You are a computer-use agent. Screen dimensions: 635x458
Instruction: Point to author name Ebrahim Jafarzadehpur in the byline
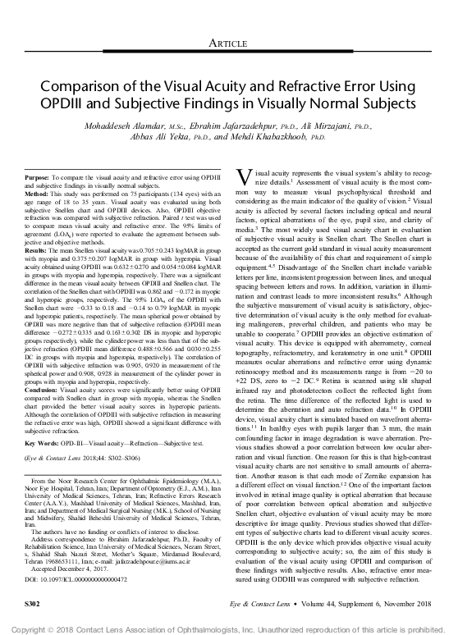point(229,127)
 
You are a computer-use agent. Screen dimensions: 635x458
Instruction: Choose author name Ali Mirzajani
point(324,127)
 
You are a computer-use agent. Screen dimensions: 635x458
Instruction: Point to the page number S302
point(34,604)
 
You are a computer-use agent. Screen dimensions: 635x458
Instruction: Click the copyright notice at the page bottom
point(229,627)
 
